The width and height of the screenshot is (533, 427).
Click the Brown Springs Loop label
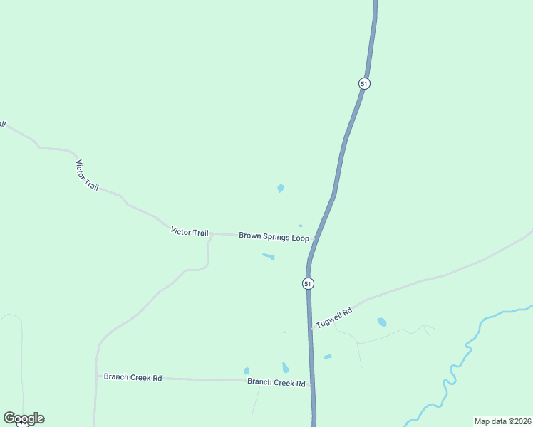(x=274, y=236)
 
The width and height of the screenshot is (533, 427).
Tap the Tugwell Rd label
(x=334, y=317)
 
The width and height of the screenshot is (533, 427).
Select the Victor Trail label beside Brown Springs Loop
(x=190, y=232)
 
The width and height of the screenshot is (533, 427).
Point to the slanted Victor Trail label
(x=87, y=174)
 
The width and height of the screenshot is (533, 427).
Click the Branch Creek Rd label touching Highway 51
(x=276, y=382)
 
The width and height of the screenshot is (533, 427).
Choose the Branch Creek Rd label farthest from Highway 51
(x=133, y=377)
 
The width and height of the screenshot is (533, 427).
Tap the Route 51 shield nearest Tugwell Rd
(x=308, y=283)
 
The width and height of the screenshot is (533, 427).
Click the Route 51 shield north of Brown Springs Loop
(x=364, y=83)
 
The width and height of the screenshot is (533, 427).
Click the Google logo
(x=24, y=418)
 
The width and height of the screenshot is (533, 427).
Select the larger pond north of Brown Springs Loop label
(x=281, y=189)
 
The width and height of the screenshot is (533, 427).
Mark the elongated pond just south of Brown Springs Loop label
(x=269, y=256)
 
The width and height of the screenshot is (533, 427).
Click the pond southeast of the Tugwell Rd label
(x=382, y=322)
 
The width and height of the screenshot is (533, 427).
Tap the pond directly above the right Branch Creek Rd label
(x=285, y=368)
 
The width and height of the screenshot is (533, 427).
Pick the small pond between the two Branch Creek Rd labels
(x=247, y=371)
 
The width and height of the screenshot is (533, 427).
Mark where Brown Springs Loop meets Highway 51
(x=314, y=238)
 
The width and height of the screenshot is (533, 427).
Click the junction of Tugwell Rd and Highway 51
(x=310, y=328)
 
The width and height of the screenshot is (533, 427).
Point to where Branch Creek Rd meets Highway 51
(x=311, y=383)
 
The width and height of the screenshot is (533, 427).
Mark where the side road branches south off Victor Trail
(x=211, y=235)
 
